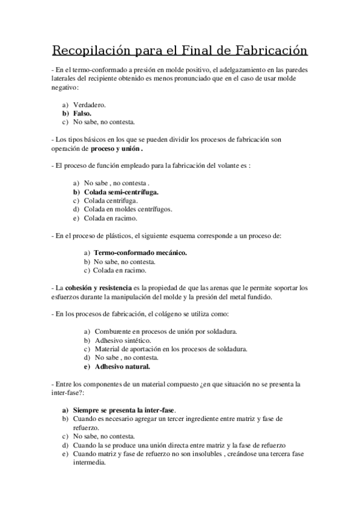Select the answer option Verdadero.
coord(90,105)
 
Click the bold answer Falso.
coord(82,113)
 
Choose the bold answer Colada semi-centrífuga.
coord(122,191)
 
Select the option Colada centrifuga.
coord(111,200)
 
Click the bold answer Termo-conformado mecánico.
coord(140,253)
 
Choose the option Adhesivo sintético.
coord(119,340)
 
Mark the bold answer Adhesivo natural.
coord(123,366)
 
